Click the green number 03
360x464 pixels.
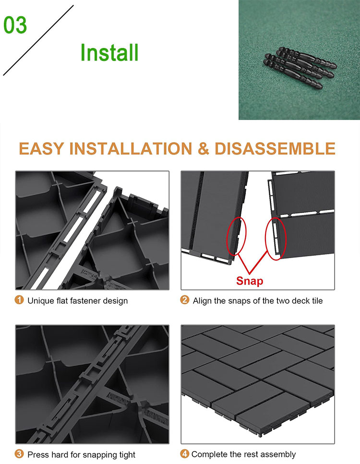coord(15,25)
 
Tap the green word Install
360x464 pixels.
coord(109,53)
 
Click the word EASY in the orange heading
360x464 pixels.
coord(41,148)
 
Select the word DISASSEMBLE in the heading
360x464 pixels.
coord(275,148)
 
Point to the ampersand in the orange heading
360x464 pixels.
coord(203,148)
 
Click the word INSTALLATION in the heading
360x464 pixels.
coord(131,148)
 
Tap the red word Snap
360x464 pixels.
coord(250,281)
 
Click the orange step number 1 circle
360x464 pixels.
coord(19,300)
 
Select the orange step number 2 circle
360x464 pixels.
coord(184,300)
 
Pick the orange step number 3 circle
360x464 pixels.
coord(19,453)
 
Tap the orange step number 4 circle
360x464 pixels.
coord(184,453)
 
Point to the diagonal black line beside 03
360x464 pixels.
coord(38,40)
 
